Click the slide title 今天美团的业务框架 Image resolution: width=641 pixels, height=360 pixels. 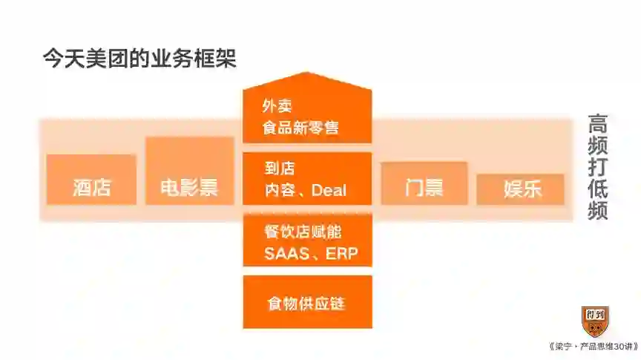(x=139, y=59)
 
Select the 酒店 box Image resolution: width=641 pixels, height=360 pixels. (x=91, y=180)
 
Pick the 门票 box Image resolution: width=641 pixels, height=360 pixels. (x=424, y=183)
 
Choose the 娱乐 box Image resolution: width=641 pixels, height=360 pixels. (x=522, y=189)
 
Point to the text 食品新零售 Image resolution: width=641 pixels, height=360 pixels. (x=300, y=128)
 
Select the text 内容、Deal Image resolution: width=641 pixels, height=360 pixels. (x=306, y=190)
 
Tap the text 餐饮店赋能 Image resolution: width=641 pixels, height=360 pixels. (x=302, y=232)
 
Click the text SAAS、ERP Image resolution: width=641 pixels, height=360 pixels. (x=311, y=254)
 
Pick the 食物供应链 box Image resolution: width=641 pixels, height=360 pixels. (x=307, y=302)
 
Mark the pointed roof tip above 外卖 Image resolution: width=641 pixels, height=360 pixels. (x=307, y=73)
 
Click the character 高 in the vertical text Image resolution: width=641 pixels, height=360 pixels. (x=598, y=123)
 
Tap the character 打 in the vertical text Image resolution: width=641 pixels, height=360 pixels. (x=598, y=167)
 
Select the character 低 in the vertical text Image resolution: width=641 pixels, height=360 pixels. (x=598, y=189)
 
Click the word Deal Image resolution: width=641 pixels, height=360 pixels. (x=329, y=190)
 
